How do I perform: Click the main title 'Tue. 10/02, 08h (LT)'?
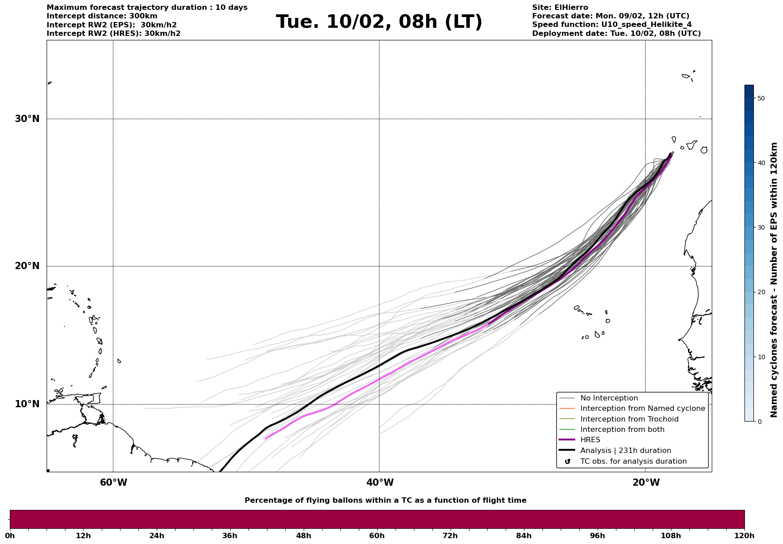pos(379,22)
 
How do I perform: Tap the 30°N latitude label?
pos(27,119)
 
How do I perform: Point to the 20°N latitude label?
pos(27,266)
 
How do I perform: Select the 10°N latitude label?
pos(27,404)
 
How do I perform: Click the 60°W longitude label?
pos(113,483)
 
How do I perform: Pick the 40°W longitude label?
pos(380,483)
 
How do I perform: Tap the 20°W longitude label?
pos(646,483)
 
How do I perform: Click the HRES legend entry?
pos(590,440)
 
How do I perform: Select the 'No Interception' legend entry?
pos(609,398)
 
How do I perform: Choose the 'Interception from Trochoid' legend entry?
pos(629,419)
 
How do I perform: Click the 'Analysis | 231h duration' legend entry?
pos(625,451)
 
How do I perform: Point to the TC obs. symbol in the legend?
pos(568,461)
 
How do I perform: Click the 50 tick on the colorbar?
pos(761,98)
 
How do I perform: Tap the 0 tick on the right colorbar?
pos(759,422)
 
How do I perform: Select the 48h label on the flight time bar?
pos(303,536)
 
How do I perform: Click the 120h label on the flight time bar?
pos(744,536)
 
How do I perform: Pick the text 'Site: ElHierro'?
pos(560,8)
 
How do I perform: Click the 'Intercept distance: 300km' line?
pos(102,16)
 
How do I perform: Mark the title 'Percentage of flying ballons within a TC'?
pos(385,500)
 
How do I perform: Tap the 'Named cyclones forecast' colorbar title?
pos(774,280)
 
